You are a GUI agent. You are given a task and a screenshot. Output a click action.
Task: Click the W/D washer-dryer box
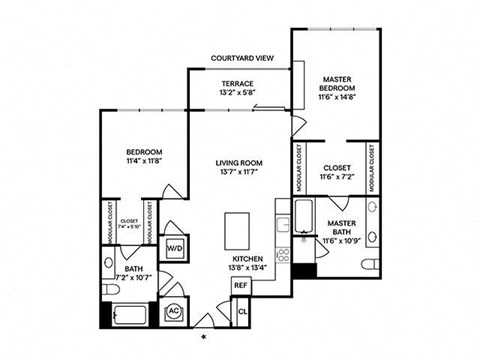[x=173, y=246]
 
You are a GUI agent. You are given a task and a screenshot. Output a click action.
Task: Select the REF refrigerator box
[x=240, y=285]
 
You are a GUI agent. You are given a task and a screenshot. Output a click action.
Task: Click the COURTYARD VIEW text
[x=243, y=59]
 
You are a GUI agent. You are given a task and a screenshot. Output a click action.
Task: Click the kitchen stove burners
[x=282, y=254]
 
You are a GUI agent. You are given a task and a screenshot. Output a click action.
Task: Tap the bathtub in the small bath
[x=129, y=316]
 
